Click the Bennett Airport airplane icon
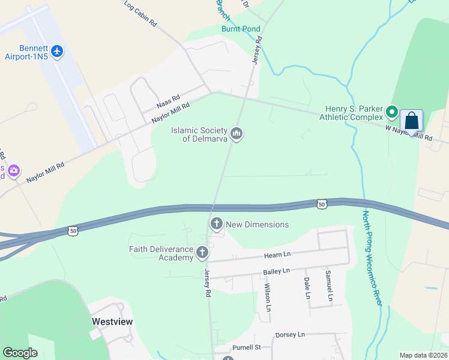58,51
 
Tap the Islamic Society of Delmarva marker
237,133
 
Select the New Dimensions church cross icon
217,224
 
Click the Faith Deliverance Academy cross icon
203,253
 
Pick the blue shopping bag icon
412,121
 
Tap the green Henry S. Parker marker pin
392,112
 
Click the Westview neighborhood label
112,322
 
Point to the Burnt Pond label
241,29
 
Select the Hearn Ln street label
277,256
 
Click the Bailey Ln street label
277,272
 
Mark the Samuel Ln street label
329,285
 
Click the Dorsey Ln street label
290,334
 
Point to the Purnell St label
246,347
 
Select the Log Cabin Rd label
140,14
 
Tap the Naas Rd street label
168,101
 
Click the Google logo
20,353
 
